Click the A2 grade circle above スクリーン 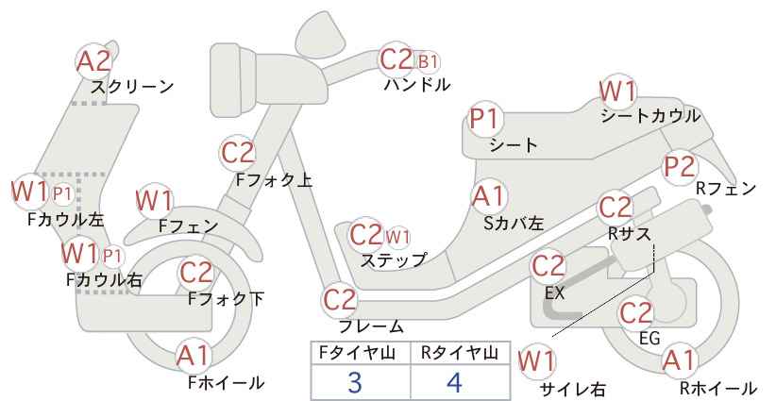[93, 62]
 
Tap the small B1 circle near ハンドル [428, 62]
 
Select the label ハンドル [417, 85]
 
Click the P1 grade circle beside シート [485, 119]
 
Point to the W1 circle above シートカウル [617, 92]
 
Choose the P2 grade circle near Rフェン [680, 167]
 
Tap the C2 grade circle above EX [548, 266]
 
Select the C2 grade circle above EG [636, 313]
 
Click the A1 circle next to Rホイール [679, 360]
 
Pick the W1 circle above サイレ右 [536, 361]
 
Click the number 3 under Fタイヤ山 [354, 382]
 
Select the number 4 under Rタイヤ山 [454, 382]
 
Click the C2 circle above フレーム [340, 300]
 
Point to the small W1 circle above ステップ [397, 238]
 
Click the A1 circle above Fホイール [194, 356]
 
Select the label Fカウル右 [104, 280]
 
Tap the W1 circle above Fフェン [155, 201]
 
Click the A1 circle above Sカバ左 [488, 196]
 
